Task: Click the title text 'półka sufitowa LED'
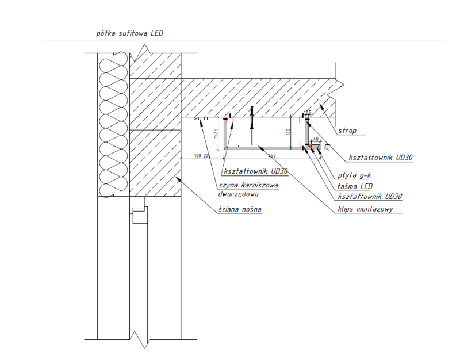[x=129, y=33]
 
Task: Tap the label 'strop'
[x=347, y=131]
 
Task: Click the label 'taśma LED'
[x=352, y=186]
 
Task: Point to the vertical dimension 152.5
[x=215, y=134]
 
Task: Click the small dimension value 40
[x=316, y=140]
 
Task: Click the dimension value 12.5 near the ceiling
[x=308, y=113]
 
